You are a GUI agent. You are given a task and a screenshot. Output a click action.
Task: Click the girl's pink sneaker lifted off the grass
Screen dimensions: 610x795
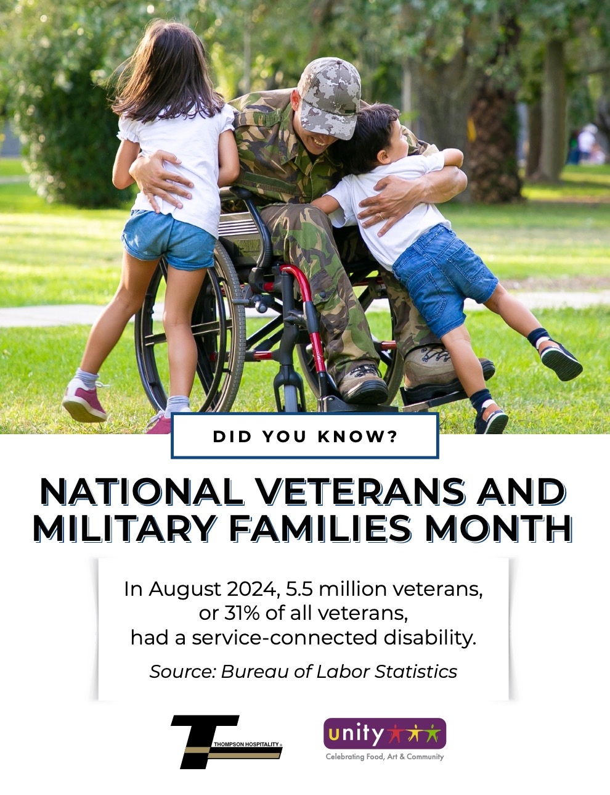tap(84, 403)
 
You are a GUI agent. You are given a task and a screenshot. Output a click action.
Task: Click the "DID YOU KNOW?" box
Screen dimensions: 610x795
tap(305, 435)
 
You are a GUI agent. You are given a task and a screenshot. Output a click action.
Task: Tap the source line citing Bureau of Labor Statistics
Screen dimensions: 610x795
tap(303, 672)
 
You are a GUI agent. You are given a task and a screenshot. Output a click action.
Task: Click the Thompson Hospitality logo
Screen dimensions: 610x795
tap(227, 742)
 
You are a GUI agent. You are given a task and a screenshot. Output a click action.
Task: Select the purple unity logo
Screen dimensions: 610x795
tap(385, 733)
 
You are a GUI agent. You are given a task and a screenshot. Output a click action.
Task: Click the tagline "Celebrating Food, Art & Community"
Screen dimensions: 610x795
tap(385, 757)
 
